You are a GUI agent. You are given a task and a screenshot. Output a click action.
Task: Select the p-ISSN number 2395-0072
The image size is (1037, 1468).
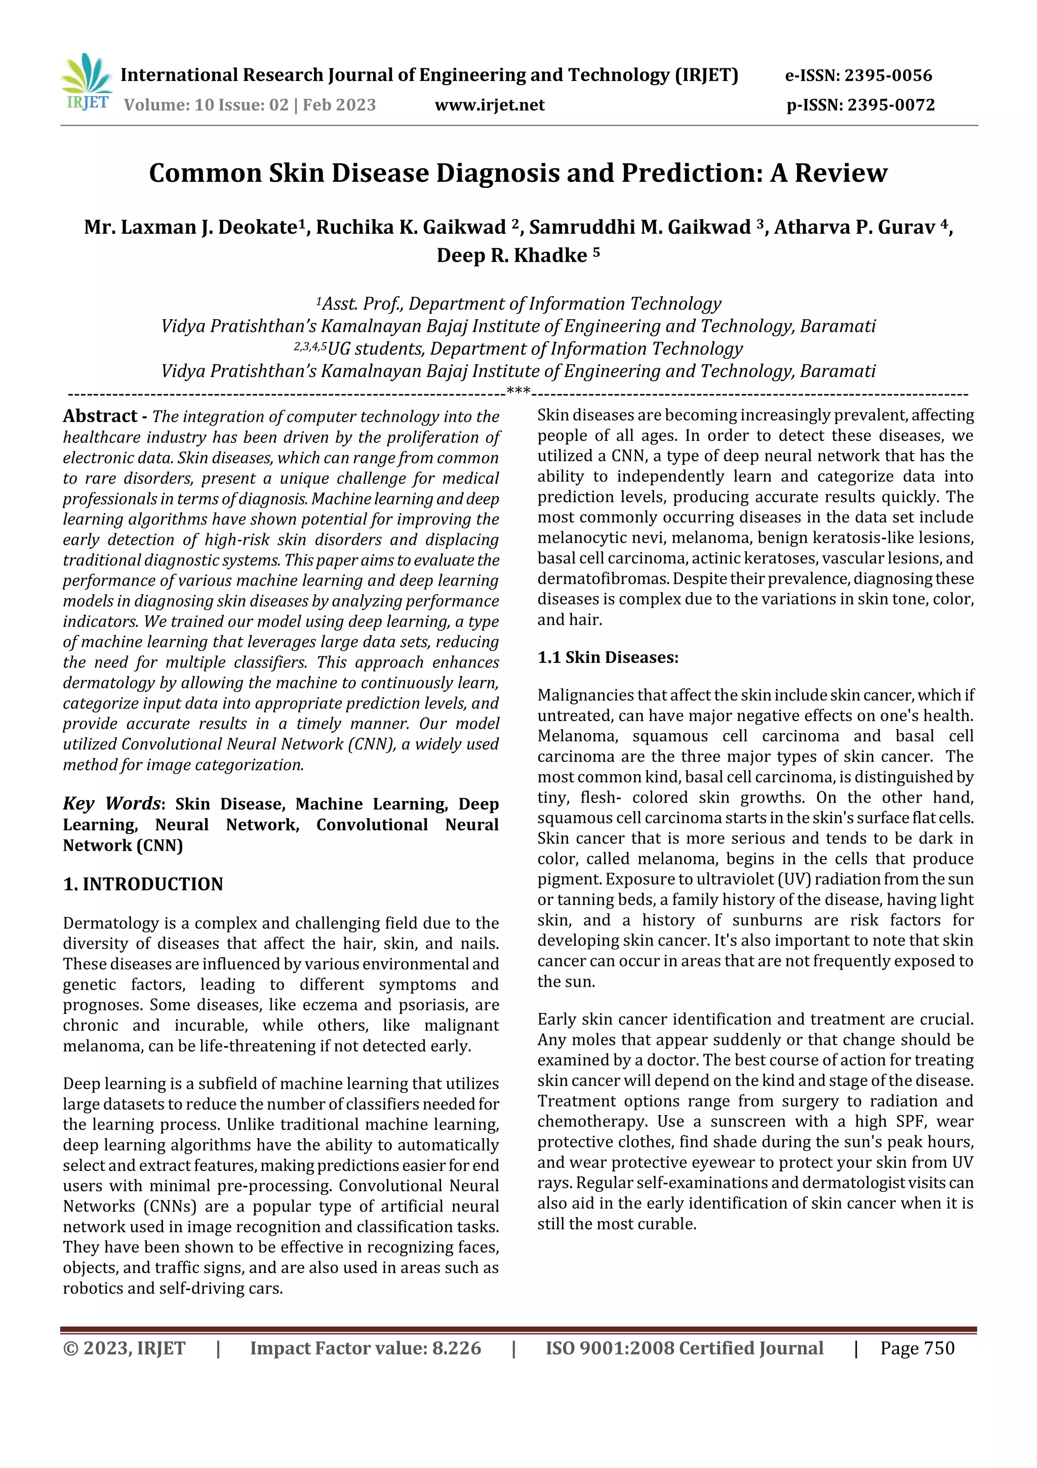(x=891, y=105)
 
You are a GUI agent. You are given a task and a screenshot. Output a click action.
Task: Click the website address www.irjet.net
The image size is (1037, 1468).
(x=490, y=105)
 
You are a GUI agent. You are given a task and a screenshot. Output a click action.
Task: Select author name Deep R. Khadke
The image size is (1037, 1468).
(x=512, y=255)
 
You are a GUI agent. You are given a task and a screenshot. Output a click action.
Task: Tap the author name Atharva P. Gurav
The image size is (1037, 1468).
(x=854, y=227)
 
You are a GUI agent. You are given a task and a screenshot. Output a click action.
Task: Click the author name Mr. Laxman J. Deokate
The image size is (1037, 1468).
(x=190, y=227)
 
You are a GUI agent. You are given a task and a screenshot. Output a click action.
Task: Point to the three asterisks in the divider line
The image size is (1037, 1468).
(x=517, y=391)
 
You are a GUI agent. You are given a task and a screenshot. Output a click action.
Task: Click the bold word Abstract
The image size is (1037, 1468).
(x=100, y=416)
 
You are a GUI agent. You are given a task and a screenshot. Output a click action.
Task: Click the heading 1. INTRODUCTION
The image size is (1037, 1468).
(x=143, y=884)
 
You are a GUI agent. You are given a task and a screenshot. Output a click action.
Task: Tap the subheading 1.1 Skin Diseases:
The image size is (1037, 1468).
(x=608, y=657)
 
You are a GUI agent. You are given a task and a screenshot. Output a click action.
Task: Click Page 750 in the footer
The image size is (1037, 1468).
(x=917, y=1348)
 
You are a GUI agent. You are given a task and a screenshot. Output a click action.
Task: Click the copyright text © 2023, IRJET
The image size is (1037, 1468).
(x=124, y=1348)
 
